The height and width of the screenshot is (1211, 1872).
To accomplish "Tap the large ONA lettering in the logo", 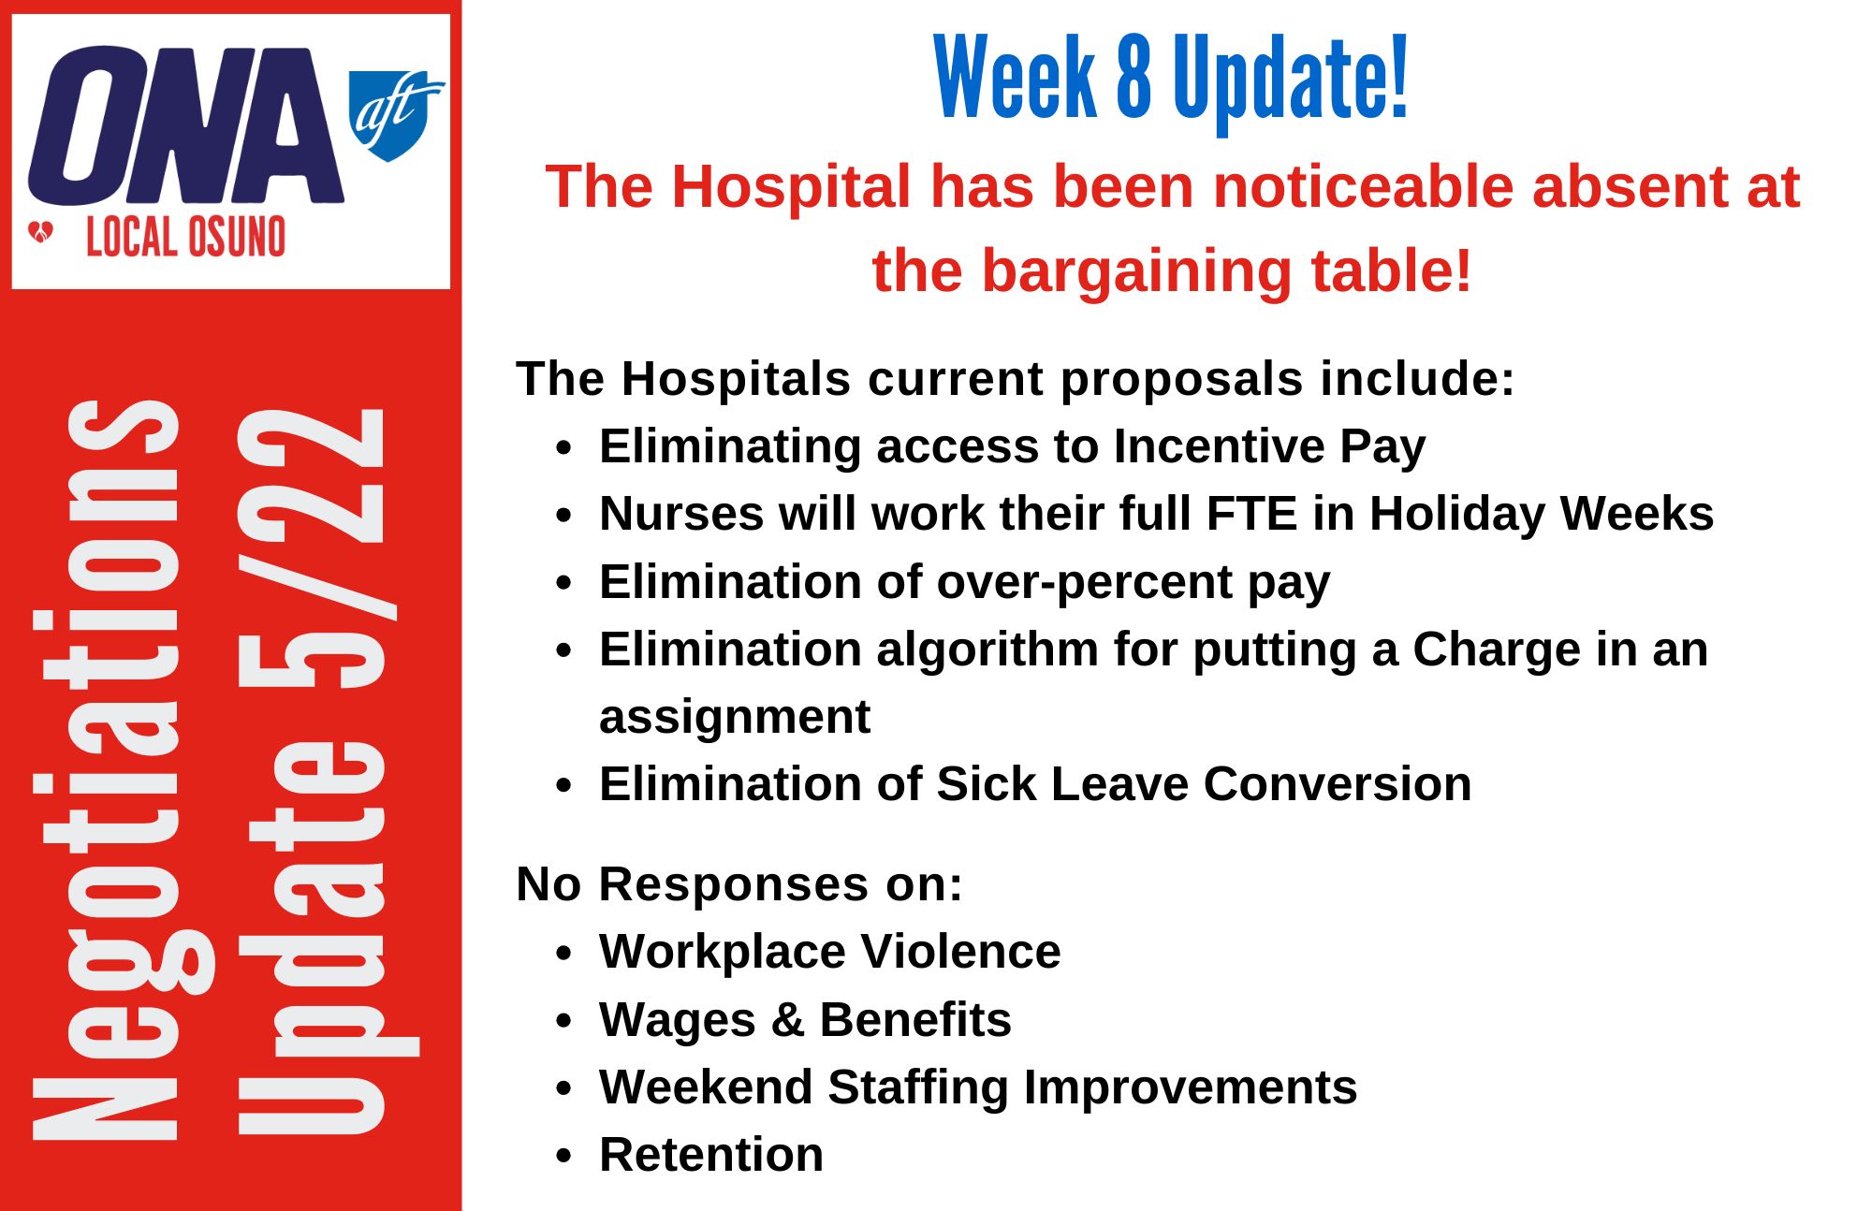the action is (186, 125).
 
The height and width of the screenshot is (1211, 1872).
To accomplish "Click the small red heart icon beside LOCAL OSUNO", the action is (41, 231).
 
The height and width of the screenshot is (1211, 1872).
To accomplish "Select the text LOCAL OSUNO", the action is (185, 237).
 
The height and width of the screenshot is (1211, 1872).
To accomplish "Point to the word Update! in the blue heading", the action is (1291, 82).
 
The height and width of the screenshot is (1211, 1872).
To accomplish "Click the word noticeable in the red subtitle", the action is (1363, 186).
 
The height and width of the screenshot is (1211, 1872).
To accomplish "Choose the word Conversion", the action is (1338, 783).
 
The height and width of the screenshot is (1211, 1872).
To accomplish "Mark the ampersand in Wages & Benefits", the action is (788, 1020).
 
